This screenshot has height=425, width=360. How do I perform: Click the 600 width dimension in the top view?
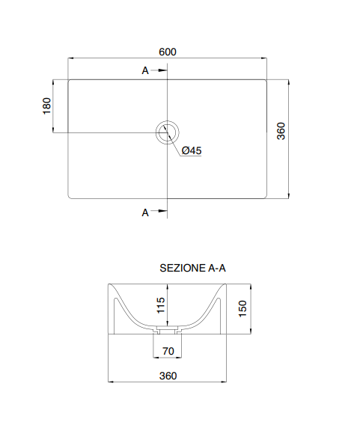point(167,52)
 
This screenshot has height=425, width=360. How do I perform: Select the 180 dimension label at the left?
point(46,106)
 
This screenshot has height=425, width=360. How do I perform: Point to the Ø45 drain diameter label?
point(192,150)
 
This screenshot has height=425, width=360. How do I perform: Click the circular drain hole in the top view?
point(167,132)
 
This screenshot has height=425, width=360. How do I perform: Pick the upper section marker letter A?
point(145,71)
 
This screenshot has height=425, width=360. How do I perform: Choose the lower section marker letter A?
point(145,212)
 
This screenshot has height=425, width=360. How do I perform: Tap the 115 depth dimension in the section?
point(159,306)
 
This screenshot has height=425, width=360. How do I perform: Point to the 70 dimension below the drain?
point(168,351)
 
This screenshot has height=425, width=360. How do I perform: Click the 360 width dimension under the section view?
point(168,376)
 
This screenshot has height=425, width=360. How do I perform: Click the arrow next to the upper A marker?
point(159,71)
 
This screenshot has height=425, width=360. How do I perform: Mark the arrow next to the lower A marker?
point(159,212)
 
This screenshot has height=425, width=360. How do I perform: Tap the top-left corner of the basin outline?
point(69,79)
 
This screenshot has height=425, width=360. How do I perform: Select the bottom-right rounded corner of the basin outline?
point(265,198)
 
